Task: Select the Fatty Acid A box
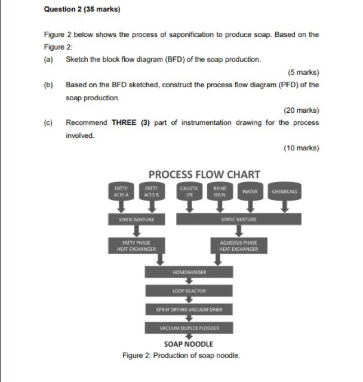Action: pos(121,191)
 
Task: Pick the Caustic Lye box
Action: pos(189,191)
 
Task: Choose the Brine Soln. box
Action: pos(220,191)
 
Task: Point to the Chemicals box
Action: pos(284,191)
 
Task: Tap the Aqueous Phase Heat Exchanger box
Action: pos(238,245)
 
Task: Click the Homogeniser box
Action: pos(189,272)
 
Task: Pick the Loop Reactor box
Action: pos(189,291)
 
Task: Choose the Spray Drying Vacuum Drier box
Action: pos(189,309)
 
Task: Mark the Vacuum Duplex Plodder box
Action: pos(189,328)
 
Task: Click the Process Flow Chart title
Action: pos(204,174)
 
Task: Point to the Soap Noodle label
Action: pos(188,344)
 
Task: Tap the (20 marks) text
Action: pos(301,110)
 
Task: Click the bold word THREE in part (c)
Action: pos(125,122)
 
